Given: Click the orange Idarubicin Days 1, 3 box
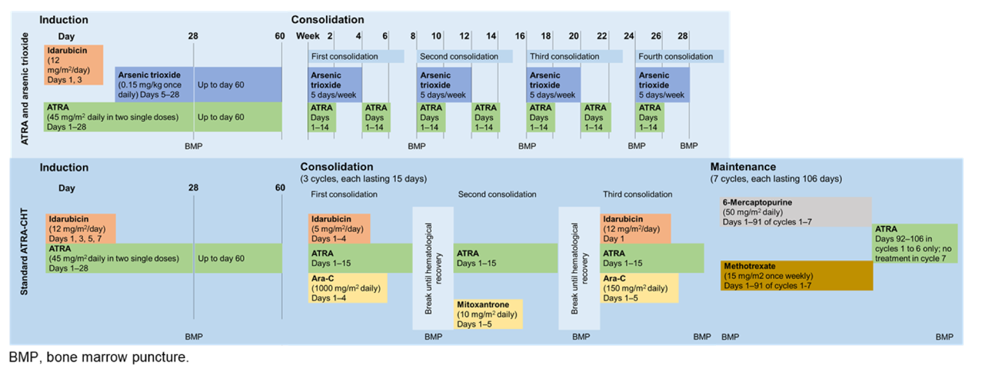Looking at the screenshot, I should [73, 65].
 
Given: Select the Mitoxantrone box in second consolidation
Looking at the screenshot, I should [488, 314].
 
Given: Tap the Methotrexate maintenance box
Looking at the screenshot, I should [796, 276].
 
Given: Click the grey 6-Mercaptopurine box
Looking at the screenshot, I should [795, 212].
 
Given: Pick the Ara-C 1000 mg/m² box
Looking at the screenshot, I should [347, 288].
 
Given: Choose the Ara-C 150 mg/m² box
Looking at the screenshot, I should [639, 288].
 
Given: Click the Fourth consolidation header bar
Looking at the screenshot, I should [679, 56].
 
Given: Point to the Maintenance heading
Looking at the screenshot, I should [743, 167].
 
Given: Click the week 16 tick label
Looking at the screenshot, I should [520, 36].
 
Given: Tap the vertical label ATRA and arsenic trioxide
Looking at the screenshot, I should [25, 88].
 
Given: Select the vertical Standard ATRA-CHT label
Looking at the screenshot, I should [24, 251].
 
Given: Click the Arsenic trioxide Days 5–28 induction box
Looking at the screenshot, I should [154, 84].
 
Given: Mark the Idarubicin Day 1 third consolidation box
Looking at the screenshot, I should [635, 229].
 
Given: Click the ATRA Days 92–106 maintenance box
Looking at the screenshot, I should [914, 243].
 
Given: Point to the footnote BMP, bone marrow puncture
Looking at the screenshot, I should [99, 357].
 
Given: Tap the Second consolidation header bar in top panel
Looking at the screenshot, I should [464, 56].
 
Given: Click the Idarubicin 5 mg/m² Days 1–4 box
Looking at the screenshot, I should [339, 229].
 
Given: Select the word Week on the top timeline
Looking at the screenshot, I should [307, 36].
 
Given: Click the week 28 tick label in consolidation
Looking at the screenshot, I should [682, 36].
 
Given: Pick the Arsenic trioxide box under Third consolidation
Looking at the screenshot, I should [553, 85].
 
